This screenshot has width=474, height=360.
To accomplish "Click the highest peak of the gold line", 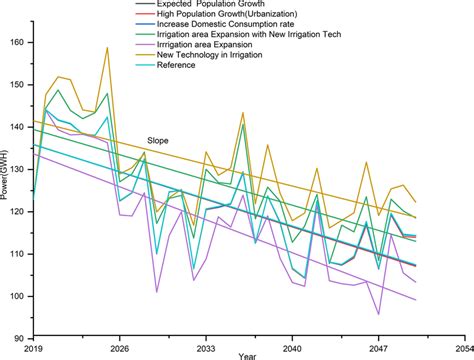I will pyautogui.click(x=107, y=47).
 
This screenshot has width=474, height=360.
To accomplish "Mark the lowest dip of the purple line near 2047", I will pyautogui.click(x=378, y=314).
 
